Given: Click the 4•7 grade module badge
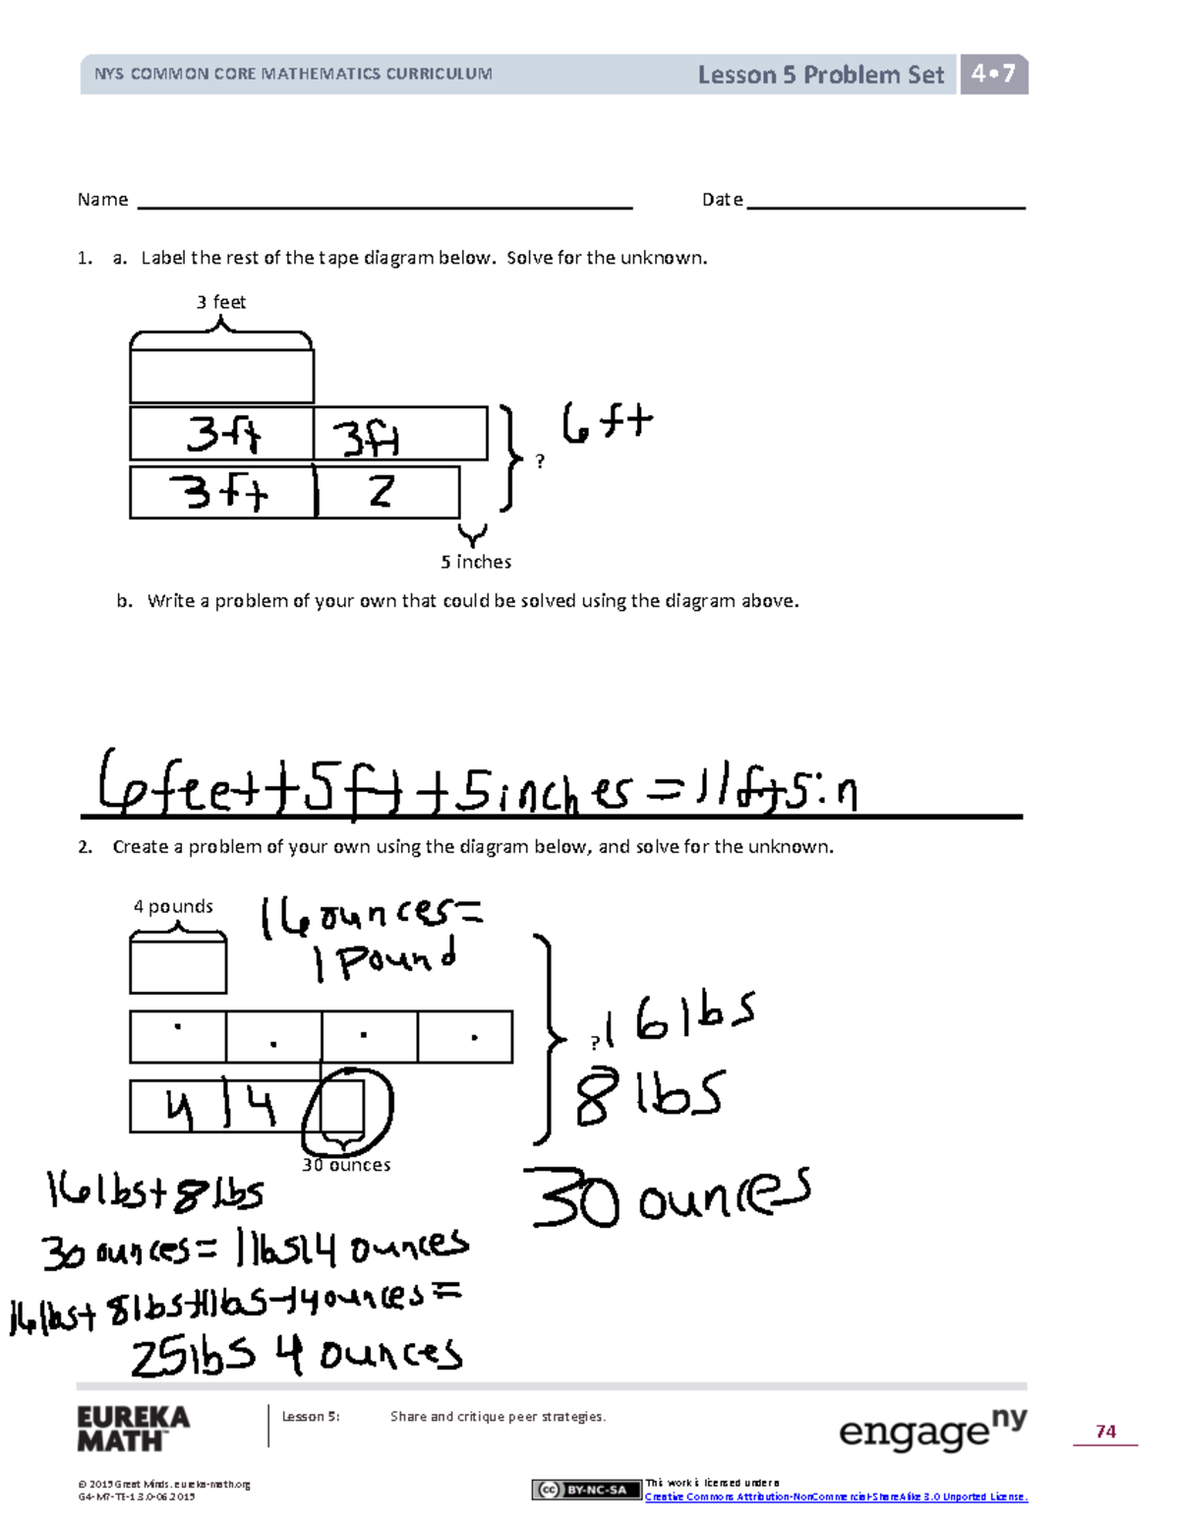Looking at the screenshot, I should click(x=993, y=74).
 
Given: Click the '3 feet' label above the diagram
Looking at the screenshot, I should click(x=220, y=302).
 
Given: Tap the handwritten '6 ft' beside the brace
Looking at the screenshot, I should click(x=606, y=424).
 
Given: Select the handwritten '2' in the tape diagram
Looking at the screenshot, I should click(x=382, y=490).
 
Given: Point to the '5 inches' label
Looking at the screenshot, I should click(x=476, y=562).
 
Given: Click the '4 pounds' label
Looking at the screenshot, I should click(x=173, y=906).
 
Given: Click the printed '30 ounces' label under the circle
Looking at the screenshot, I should click(x=346, y=1165).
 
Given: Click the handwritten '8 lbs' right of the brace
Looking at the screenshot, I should click(x=649, y=1096).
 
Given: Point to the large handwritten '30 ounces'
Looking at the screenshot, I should click(x=669, y=1198).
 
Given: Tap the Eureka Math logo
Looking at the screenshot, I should click(x=134, y=1429).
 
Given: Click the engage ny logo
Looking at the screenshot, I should click(x=932, y=1431).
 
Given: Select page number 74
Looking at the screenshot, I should click(x=1105, y=1432).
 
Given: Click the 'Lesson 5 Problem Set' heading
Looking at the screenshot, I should click(x=820, y=75).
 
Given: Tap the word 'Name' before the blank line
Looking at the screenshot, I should click(x=102, y=200).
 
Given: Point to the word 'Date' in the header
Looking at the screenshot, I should click(x=722, y=200).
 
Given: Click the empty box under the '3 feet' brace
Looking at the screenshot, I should click(x=221, y=376).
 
